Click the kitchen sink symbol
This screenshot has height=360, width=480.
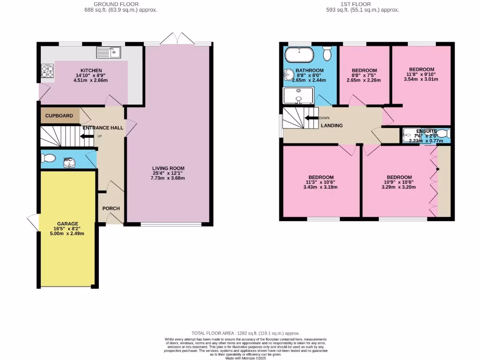[109, 52]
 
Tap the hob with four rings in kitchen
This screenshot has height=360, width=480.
[47, 70]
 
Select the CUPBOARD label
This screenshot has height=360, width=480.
[59, 116]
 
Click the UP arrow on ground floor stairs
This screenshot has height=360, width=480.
[87, 136]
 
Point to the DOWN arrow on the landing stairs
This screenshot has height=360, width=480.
[312, 118]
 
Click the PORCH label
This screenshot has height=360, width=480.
[111, 209]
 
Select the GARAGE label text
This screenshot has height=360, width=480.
[67, 224]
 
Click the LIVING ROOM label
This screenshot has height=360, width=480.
[168, 168]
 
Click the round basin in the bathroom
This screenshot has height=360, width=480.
[288, 75]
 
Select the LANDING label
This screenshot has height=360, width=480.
[332, 126]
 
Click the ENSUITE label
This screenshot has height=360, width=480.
[426, 131]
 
